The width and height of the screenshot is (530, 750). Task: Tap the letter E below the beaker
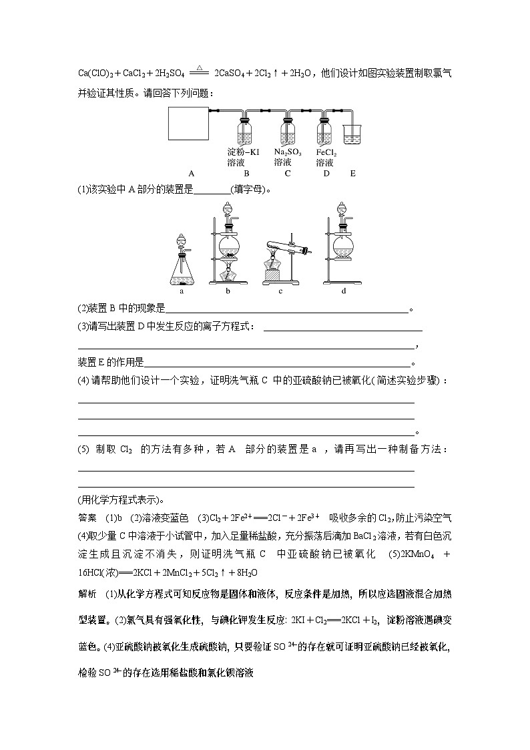(352, 174)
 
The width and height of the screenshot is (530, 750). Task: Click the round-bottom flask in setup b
(229, 240)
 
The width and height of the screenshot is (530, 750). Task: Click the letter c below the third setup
(280, 291)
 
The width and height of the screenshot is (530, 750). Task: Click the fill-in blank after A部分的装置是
(211, 190)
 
